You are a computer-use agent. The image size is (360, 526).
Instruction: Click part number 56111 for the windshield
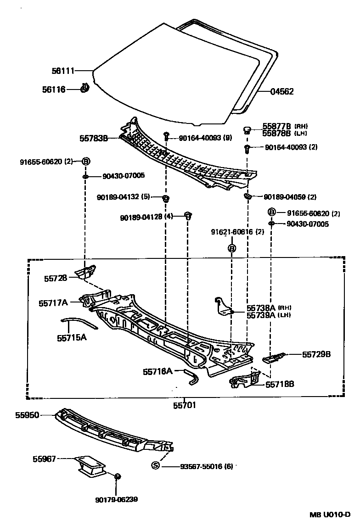click(x=62, y=71)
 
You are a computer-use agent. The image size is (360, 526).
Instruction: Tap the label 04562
click(x=281, y=92)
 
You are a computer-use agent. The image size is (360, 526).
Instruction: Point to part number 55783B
click(x=94, y=137)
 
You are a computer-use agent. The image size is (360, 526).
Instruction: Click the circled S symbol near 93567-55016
click(x=155, y=465)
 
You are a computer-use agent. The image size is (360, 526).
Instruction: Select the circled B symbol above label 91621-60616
click(x=232, y=248)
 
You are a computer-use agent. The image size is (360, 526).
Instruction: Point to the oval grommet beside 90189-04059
click(x=248, y=197)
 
